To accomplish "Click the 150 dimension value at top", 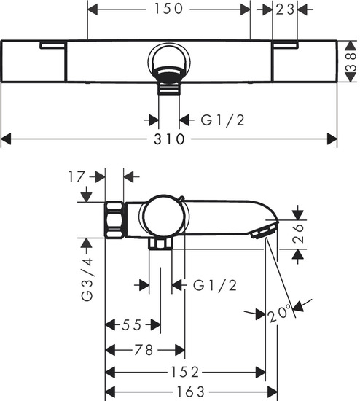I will pyautogui.click(x=169, y=9).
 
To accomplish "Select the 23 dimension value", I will pyautogui.click(x=285, y=9).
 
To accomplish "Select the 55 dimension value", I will pyautogui.click(x=133, y=324).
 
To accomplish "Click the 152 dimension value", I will pyautogui.click(x=187, y=372).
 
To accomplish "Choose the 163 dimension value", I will pyautogui.click(x=191, y=392).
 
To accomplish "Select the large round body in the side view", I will pyautogui.click(x=163, y=217).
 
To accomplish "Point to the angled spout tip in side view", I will pyautogui.click(x=263, y=231).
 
